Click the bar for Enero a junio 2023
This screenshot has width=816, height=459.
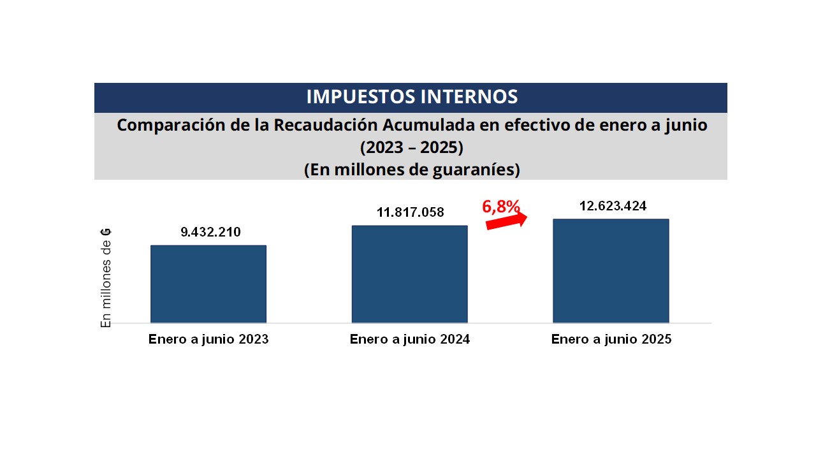[x=208, y=284]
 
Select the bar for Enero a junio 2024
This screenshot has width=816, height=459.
[x=409, y=274]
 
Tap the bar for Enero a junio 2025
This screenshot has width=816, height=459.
[x=611, y=271]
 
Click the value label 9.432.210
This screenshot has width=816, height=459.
[x=211, y=232]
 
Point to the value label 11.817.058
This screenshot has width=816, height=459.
[x=411, y=212]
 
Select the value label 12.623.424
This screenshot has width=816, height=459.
[x=613, y=206]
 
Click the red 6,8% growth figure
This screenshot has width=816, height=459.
[x=501, y=207]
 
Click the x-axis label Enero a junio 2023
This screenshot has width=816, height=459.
[x=208, y=339]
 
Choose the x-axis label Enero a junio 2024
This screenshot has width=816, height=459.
[x=410, y=339]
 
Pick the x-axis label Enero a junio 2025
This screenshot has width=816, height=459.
[x=611, y=339]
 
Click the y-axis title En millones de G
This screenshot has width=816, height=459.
[x=106, y=277]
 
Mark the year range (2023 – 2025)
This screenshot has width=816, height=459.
[x=411, y=148]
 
